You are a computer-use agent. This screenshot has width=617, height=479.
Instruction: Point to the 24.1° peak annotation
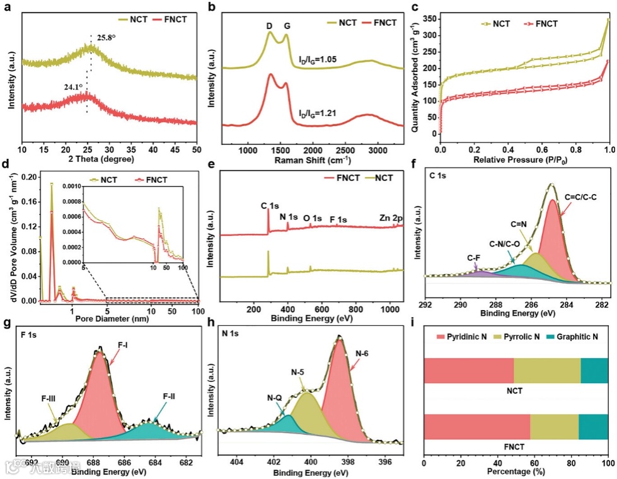75,88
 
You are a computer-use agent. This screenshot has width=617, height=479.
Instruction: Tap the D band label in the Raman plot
269,26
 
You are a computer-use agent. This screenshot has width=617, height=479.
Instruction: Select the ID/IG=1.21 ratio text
321,114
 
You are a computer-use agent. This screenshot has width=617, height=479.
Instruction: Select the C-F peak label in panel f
474,257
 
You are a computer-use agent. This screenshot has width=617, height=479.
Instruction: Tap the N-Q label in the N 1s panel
274,398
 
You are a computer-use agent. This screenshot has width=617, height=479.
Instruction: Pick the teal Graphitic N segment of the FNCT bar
593,427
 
